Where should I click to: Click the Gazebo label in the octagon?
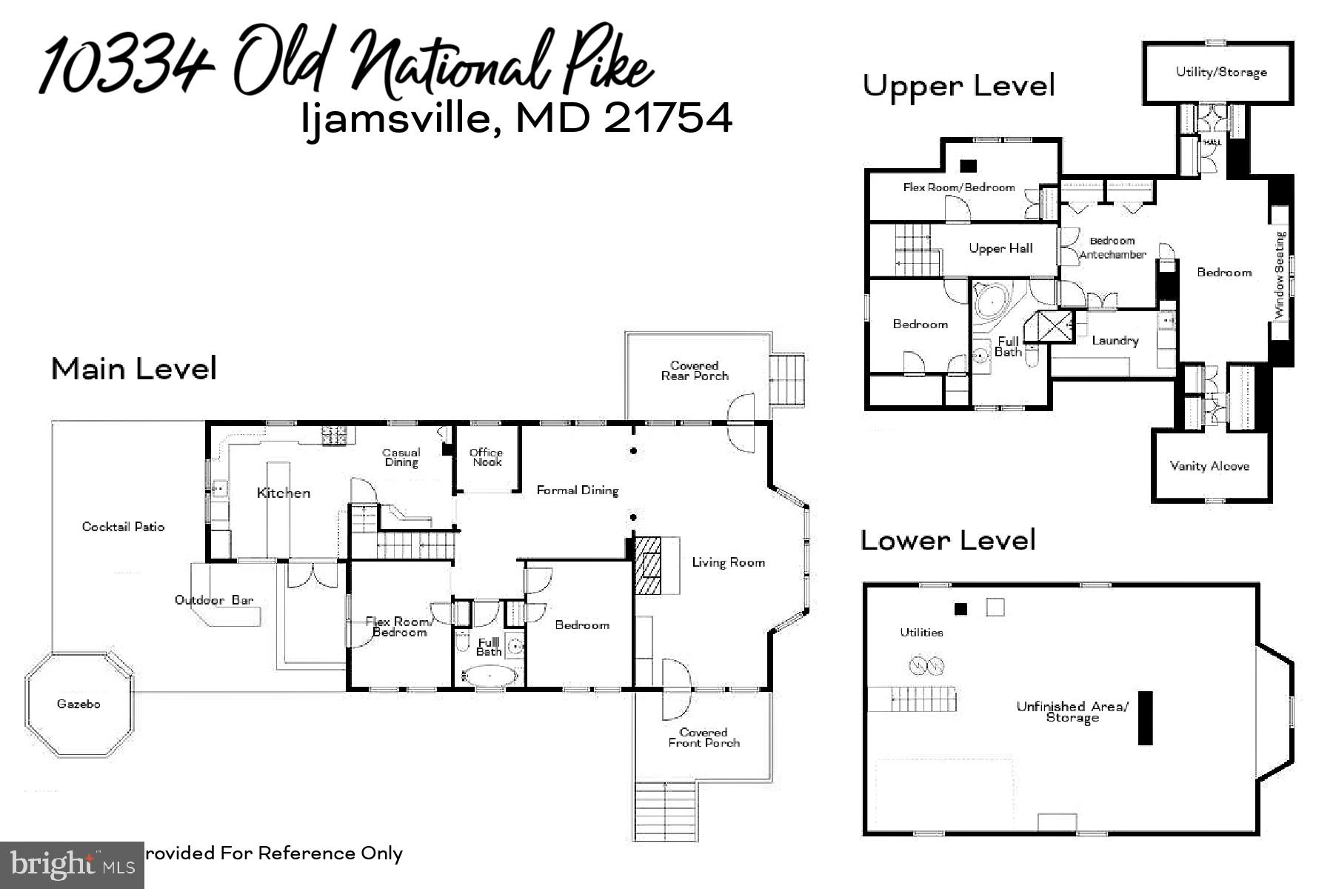point(78,704)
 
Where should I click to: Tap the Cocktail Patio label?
point(123,527)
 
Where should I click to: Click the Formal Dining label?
point(577,490)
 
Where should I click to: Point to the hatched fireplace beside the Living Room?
point(649,567)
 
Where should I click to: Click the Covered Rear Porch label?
point(695,370)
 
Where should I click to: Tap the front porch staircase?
point(666,811)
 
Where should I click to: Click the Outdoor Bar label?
point(214,600)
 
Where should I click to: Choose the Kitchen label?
point(284,493)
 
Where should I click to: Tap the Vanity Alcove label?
point(1209,466)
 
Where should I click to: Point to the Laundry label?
point(1115,341)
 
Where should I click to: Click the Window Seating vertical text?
point(1280,275)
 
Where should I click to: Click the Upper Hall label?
point(1000,249)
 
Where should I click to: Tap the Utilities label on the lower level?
point(921,632)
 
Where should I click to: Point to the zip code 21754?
point(668,118)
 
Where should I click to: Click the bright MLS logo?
point(72,865)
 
